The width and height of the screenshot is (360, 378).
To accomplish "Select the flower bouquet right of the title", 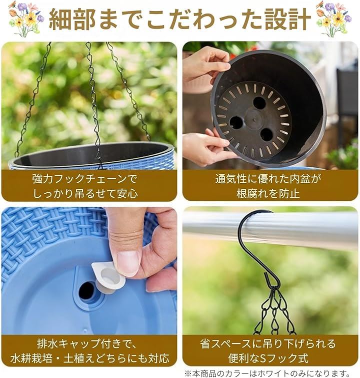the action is click(x=334, y=19).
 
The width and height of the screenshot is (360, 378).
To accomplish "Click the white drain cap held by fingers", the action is click(x=108, y=276).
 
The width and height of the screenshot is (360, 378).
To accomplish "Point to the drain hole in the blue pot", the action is click(x=86, y=291).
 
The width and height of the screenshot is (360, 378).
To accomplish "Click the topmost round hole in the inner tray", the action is click(x=259, y=103).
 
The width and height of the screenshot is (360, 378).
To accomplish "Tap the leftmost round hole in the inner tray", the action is click(x=236, y=123).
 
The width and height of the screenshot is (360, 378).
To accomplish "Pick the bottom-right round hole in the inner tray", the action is click(x=266, y=135).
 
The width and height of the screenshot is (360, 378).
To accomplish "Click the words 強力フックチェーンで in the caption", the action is click(x=84, y=179).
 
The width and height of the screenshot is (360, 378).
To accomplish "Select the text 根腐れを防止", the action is click(x=268, y=193).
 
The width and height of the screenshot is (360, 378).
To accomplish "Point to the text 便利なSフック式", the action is click(x=268, y=358).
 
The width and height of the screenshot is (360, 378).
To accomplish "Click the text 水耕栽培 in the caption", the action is click(x=31, y=358).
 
